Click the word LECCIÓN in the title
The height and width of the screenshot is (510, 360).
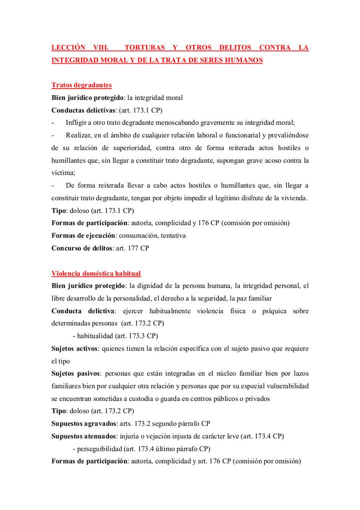(67, 48)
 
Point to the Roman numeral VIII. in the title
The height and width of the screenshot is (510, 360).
(103, 48)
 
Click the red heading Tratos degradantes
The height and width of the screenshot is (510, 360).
(81, 85)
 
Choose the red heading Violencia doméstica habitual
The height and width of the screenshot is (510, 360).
(96, 273)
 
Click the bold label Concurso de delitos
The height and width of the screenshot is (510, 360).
(82, 247)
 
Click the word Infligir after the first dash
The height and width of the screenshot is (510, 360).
(78, 123)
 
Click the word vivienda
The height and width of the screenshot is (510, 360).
(292, 198)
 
